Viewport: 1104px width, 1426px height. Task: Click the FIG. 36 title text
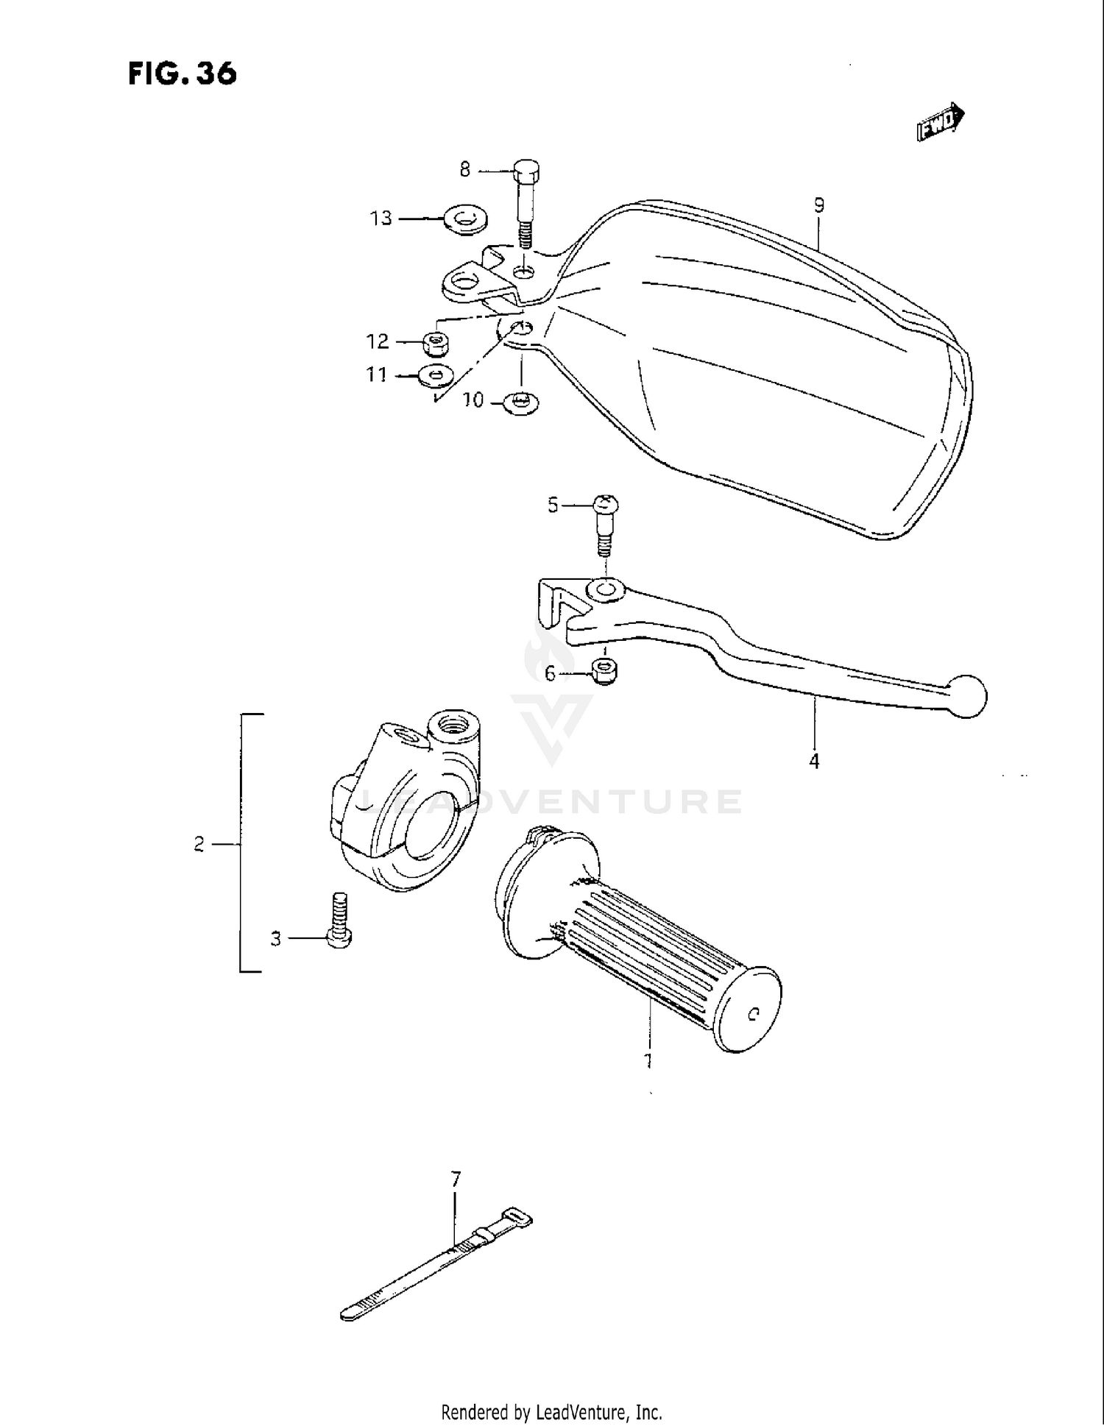[183, 74]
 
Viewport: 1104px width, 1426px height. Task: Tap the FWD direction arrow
[941, 121]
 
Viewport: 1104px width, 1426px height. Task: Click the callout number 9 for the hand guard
[819, 205]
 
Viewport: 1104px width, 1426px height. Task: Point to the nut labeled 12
[437, 342]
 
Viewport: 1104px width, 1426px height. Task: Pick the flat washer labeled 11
[435, 375]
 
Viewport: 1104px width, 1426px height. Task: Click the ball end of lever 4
[967, 695]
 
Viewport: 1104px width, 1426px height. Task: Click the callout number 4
[813, 761]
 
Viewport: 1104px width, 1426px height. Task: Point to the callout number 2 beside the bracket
[199, 845]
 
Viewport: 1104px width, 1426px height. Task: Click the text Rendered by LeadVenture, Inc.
[551, 1412]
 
